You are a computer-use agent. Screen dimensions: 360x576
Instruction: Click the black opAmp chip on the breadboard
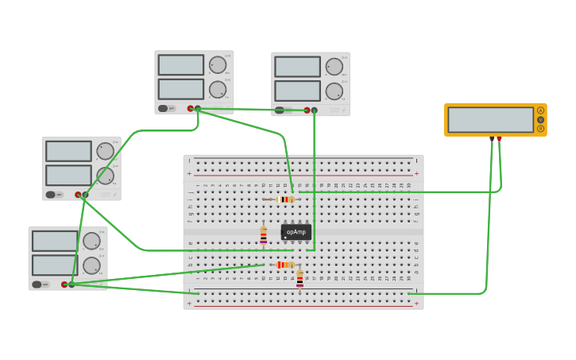[296, 232]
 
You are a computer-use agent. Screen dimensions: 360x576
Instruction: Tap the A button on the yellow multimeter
[540, 110]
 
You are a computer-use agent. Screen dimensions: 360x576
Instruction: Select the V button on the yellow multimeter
[540, 119]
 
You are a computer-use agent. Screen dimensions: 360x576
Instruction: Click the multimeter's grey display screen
[490, 119]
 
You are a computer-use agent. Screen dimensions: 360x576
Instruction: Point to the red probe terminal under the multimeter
[499, 139]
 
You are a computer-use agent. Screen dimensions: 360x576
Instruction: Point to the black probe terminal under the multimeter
[492, 139]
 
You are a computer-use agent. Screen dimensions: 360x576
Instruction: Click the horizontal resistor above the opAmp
[286, 199]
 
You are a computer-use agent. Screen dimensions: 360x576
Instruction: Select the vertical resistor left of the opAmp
[264, 236]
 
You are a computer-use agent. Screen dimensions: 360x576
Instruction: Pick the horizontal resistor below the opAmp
[284, 265]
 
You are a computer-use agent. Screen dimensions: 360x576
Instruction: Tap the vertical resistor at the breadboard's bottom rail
[300, 279]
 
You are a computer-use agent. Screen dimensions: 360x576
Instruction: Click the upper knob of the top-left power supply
[217, 64]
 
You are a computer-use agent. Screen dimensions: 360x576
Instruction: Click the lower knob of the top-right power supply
[334, 91]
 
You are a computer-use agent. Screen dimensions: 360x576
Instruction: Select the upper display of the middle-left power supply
[68, 151]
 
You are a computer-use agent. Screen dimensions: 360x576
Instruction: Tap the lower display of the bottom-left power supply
[55, 265]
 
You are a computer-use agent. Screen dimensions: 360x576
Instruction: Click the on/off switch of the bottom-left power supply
[37, 284]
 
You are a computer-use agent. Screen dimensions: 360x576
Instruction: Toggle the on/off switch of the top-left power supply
[163, 108]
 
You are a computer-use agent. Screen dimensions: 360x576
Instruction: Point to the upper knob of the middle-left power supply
[105, 150]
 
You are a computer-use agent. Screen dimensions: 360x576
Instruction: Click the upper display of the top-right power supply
[297, 67]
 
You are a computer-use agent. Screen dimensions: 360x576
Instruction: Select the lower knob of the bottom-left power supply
[91, 265]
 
